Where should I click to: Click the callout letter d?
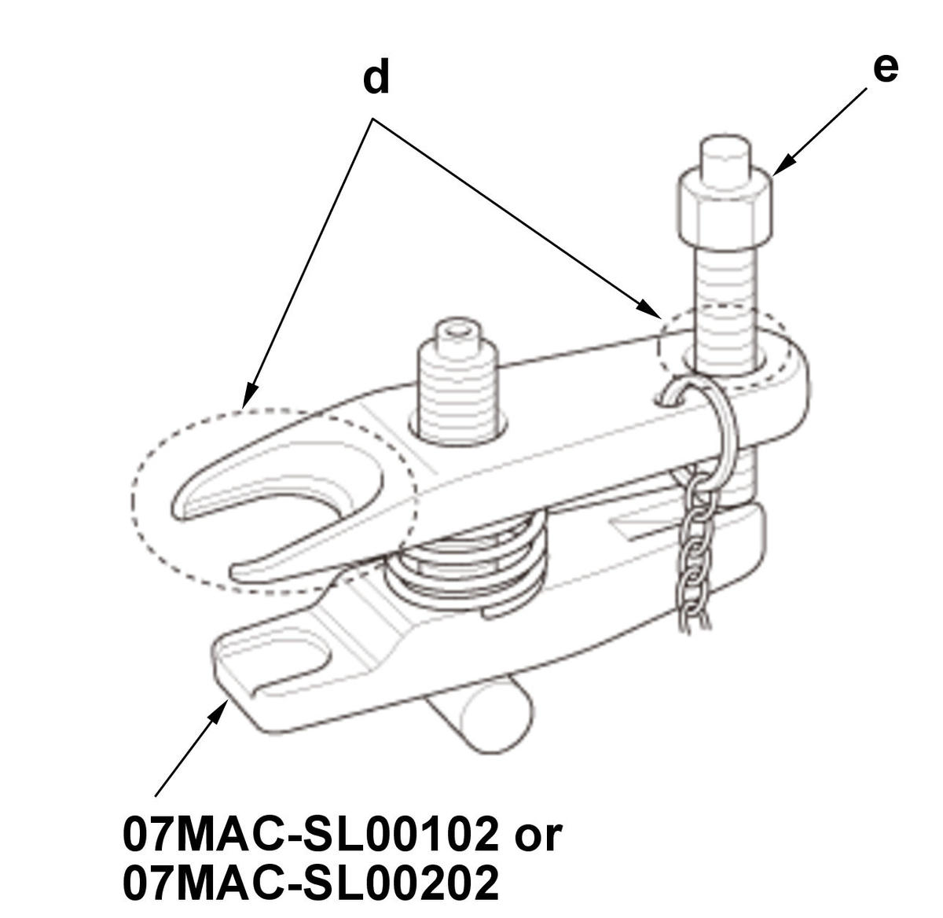[376, 76]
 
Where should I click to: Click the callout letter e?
[886, 69]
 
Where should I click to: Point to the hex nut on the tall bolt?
[724, 209]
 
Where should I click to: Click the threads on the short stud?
[457, 393]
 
